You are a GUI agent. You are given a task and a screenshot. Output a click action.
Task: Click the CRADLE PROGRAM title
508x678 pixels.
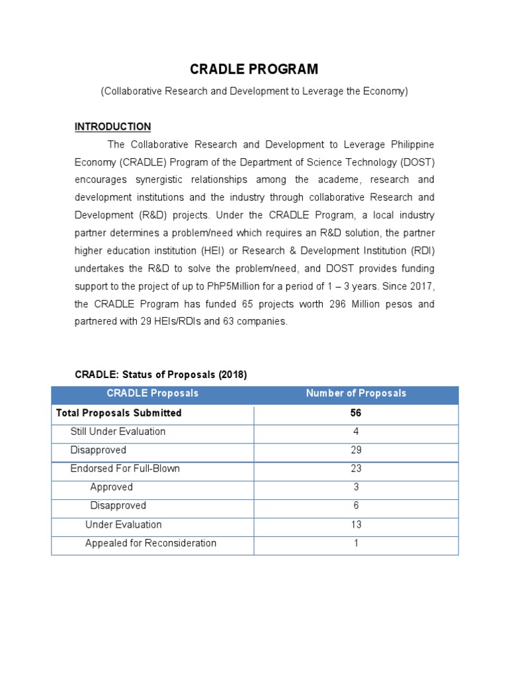click(x=254, y=70)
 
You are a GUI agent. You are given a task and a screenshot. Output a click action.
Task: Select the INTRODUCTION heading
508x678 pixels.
click(x=112, y=126)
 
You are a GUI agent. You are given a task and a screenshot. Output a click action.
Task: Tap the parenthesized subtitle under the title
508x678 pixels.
click(x=254, y=91)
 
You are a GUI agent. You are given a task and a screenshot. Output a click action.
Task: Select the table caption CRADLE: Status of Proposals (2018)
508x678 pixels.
click(x=161, y=375)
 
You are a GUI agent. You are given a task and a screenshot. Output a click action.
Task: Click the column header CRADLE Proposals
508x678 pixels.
click(x=153, y=393)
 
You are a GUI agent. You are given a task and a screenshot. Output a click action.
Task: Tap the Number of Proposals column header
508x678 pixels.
click(x=356, y=393)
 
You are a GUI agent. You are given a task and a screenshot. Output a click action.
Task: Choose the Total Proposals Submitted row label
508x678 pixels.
click(x=119, y=413)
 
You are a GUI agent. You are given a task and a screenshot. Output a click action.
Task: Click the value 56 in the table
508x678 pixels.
click(x=356, y=413)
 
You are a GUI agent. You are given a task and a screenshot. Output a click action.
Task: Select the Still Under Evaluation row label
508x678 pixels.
click(x=118, y=432)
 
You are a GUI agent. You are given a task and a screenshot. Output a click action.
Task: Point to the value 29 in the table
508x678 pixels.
click(x=356, y=450)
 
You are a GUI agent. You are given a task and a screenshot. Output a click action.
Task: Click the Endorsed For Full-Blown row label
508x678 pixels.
click(x=125, y=469)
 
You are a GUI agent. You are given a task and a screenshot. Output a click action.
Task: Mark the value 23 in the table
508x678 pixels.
click(x=356, y=469)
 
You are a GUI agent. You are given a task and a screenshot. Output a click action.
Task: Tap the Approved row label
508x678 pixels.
click(x=111, y=487)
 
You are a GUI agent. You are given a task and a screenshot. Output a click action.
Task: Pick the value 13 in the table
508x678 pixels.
click(x=356, y=524)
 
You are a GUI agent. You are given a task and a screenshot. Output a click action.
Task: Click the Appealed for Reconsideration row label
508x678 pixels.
click(x=151, y=543)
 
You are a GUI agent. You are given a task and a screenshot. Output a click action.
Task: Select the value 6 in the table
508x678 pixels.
click(x=356, y=506)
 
